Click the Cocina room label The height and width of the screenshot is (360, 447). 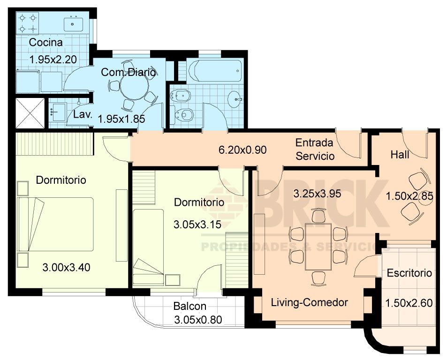pyautogui.click(x=45, y=43)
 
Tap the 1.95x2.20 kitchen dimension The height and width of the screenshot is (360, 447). pyautogui.click(x=53, y=60)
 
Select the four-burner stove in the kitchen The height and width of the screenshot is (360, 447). pyautogui.click(x=27, y=23)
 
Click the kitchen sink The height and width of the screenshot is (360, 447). pyautogui.click(x=73, y=24)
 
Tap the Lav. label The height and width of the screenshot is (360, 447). pyautogui.click(x=83, y=115)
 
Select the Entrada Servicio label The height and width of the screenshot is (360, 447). pyautogui.click(x=315, y=149)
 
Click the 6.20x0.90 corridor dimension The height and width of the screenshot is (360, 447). pyautogui.click(x=242, y=150)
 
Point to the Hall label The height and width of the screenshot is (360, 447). pyautogui.click(x=400, y=155)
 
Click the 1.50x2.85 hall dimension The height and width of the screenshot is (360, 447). pyautogui.click(x=409, y=196)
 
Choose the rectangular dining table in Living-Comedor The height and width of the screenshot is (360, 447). pyautogui.click(x=318, y=247)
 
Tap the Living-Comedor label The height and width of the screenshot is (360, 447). pyautogui.click(x=309, y=302)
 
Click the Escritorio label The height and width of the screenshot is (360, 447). pyautogui.click(x=409, y=273)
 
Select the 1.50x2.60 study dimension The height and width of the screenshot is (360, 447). pyautogui.click(x=409, y=303)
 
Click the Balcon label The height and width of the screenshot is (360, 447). pyautogui.click(x=190, y=306)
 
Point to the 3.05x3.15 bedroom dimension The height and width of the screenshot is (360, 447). pyautogui.click(x=197, y=225)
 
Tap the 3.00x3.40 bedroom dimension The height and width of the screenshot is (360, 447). pyautogui.click(x=67, y=268)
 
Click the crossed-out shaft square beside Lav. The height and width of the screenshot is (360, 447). pyautogui.click(x=30, y=113)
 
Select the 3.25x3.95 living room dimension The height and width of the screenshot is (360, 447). pyautogui.click(x=317, y=194)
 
